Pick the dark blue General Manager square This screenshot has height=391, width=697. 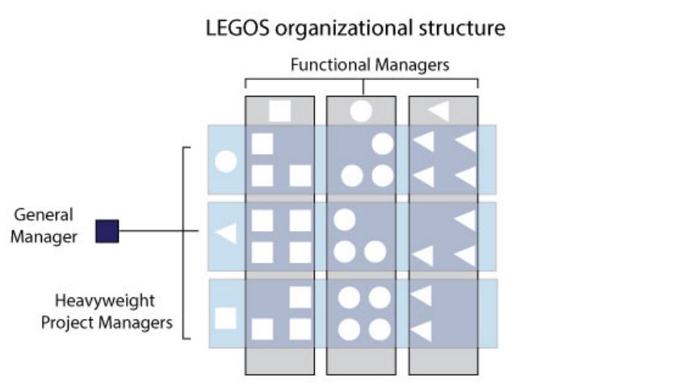(107, 232)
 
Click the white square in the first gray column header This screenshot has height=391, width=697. (279, 110)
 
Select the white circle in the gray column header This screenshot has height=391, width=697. (361, 110)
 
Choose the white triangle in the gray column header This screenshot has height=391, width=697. (439, 110)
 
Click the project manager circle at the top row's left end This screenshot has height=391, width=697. (226, 162)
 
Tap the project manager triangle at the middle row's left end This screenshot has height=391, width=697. (226, 234)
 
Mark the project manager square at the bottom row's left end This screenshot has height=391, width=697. (226, 317)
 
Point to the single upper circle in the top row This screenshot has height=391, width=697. (381, 144)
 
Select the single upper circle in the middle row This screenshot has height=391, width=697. (345, 219)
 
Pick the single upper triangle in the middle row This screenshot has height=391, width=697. (464, 219)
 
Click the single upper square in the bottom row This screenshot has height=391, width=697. (300, 297)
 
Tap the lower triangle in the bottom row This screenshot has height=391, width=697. (422, 330)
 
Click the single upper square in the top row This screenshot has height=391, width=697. (262, 144)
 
